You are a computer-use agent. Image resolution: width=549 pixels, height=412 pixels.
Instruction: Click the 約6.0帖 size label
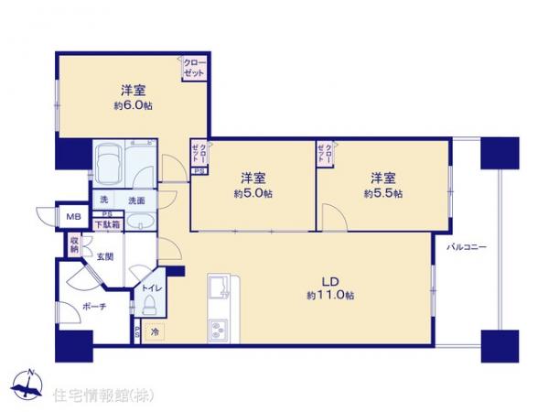(133, 107)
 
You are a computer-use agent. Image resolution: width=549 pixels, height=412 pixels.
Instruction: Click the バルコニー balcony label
(467, 248)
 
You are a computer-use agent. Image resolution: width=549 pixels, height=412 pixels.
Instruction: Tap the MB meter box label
(72, 216)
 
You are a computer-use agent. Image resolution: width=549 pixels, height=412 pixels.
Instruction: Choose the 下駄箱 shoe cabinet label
(108, 222)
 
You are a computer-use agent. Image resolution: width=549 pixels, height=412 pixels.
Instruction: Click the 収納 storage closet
(73, 244)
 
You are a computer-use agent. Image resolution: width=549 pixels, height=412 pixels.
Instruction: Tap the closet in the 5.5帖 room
(325, 153)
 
